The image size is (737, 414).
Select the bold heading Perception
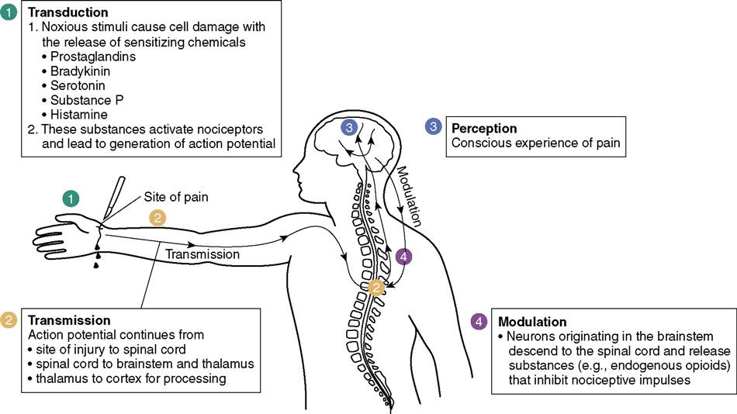[x=484, y=128]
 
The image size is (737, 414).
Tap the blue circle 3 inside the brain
[x=351, y=128]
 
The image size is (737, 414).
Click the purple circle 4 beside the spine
[x=403, y=256]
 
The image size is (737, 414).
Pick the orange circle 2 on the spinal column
[x=376, y=288]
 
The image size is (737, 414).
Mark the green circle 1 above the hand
[x=72, y=198]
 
